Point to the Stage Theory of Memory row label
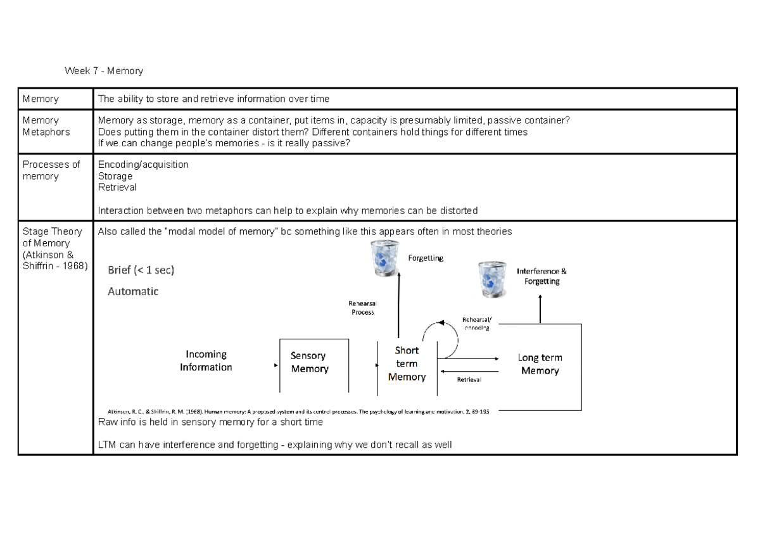point(54,249)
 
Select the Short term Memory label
point(407,363)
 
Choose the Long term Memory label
point(540,364)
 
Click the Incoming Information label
point(206,361)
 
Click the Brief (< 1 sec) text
point(141,270)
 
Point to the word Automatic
point(133,292)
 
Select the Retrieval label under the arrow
point(469,380)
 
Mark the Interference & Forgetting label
point(541,276)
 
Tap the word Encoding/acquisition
point(143,165)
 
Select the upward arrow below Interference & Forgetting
point(540,310)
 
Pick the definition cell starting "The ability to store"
point(213,99)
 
